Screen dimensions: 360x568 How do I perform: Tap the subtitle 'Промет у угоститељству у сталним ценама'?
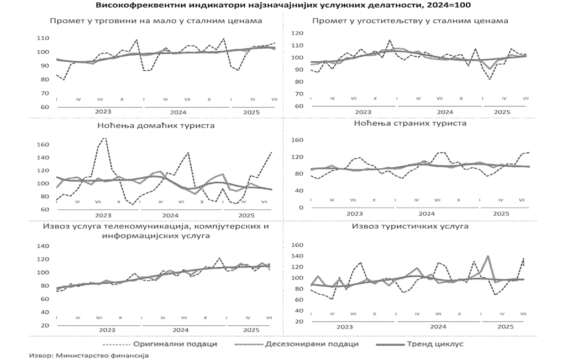tap(410, 21)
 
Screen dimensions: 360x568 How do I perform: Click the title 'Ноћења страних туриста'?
tap(409, 123)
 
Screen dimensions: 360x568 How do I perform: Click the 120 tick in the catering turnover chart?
tap(297, 34)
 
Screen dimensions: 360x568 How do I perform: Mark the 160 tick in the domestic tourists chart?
tap(44, 145)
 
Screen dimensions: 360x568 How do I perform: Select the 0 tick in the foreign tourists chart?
tap(301, 208)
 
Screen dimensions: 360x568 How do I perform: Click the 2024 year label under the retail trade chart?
tap(178, 112)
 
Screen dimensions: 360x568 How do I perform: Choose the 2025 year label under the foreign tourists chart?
tap(501, 213)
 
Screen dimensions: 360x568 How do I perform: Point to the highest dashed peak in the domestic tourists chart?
tap(104, 138)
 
